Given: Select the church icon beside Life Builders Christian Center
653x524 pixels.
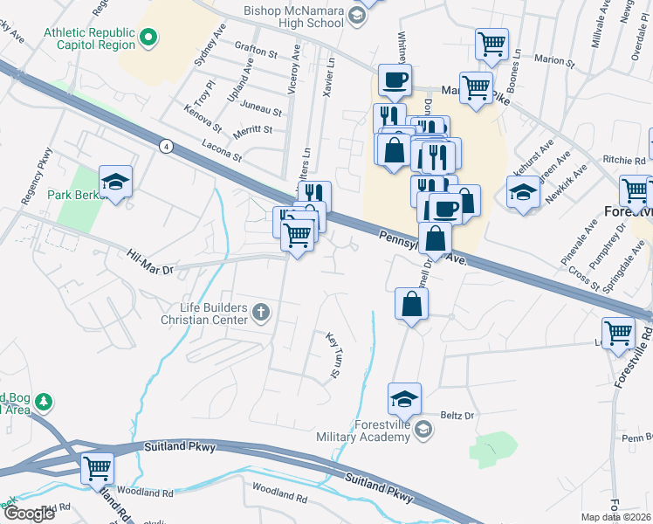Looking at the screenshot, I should [260, 312].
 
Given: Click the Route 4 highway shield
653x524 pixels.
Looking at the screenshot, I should [166, 146].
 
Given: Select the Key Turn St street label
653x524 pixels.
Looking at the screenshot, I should [333, 355].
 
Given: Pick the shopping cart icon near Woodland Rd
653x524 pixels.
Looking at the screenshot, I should [96, 467].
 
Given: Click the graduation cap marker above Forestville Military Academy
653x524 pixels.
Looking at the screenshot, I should [404, 398].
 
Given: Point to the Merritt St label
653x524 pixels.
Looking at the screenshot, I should [253, 130].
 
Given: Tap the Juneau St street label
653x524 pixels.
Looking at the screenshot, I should [265, 112].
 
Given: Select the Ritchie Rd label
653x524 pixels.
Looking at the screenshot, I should [623, 160].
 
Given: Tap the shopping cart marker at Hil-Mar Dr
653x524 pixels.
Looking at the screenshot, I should [298, 234].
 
